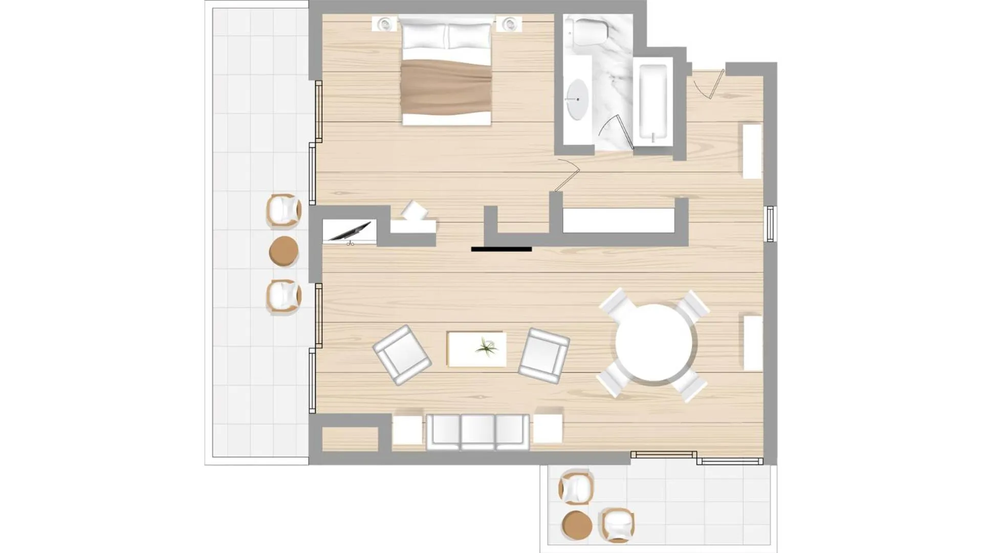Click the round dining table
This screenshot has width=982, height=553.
coord(653,343)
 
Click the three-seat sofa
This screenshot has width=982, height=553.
coord(477,432)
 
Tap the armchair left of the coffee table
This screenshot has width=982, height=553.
coord(402,354)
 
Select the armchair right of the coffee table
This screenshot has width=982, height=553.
coord(543,355)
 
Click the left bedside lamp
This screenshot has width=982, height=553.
coord(384,23)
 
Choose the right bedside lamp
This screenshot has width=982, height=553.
coord(509,23)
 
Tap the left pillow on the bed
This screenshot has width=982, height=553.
coord(425,36)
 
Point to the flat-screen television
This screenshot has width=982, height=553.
coord(351,231)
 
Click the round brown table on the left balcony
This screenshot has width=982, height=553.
coord(283,251)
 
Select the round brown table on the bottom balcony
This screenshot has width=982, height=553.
coord(577,525)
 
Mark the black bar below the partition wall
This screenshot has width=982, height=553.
coord(501,249)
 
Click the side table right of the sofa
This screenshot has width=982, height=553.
coord(548,429)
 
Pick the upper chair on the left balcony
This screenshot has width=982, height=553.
coord(283,210)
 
